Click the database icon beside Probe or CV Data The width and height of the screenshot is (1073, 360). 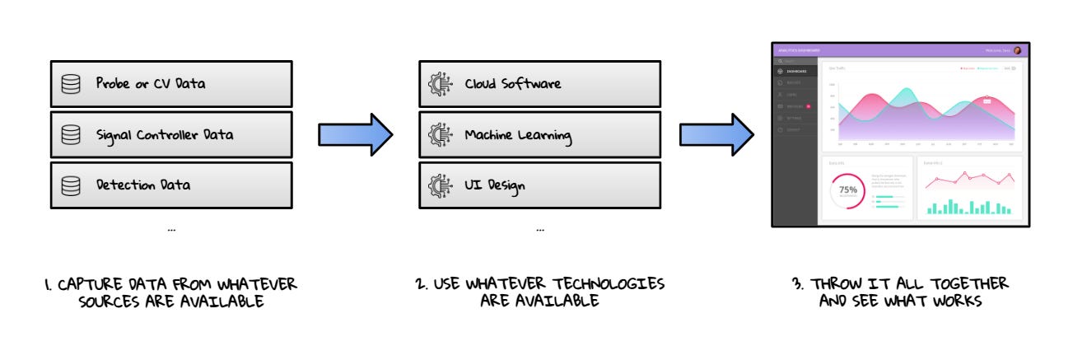pyautogui.click(x=71, y=84)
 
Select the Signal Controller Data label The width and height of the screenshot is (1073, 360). pyautogui.click(x=164, y=134)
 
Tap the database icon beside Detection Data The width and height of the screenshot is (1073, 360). pyautogui.click(x=71, y=185)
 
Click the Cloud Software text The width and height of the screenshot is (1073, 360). pyautogui.click(x=512, y=84)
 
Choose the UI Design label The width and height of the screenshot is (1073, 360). pyautogui.click(x=495, y=185)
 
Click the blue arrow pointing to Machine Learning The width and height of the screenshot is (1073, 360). pyautogui.click(x=355, y=133)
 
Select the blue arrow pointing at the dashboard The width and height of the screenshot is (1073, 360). pyautogui.click(x=716, y=133)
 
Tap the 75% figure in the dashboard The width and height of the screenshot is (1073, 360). pyautogui.click(x=847, y=189)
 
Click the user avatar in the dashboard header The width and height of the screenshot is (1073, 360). pyautogui.click(x=1017, y=50)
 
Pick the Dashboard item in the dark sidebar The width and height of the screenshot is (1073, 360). pyautogui.click(x=795, y=72)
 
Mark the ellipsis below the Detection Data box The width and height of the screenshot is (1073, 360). pyautogui.click(x=170, y=230)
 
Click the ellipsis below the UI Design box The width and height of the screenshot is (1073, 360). pyautogui.click(x=539, y=230)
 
